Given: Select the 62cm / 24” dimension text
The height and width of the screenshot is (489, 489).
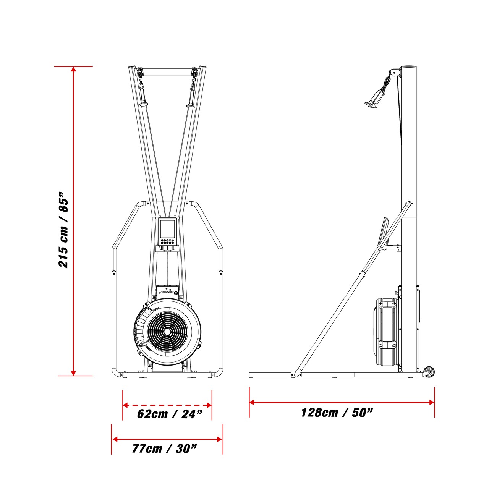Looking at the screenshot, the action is pyautogui.click(x=170, y=414).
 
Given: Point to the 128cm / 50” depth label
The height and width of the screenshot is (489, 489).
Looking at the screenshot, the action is pyautogui.click(x=337, y=412).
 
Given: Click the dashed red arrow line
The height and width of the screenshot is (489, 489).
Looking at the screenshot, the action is pyautogui.click(x=167, y=398).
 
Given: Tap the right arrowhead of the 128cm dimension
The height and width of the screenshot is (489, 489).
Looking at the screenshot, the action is pyautogui.click(x=431, y=402).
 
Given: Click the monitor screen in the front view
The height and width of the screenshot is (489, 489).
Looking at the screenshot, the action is pyautogui.click(x=167, y=229).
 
